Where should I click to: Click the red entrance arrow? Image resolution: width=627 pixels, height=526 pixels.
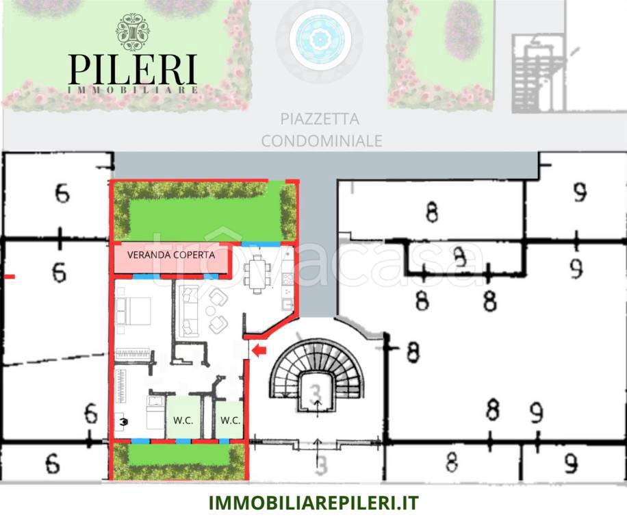click(259, 351)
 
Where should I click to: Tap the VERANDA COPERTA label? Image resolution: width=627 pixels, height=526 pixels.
click(171, 254)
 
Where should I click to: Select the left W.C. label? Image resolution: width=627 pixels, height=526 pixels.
click(183, 420)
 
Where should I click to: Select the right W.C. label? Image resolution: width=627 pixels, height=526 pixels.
click(230, 420)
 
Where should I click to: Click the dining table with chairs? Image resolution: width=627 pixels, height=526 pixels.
click(257, 273)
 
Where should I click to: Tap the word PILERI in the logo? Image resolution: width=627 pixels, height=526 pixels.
click(133, 68)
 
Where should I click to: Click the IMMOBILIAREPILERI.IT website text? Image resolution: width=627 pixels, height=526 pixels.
click(313, 503)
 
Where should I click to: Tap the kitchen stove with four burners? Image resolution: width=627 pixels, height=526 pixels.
click(287, 279)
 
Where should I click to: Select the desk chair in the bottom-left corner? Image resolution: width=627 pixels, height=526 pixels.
click(123, 422)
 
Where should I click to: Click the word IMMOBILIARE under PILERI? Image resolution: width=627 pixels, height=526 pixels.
click(133, 90)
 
